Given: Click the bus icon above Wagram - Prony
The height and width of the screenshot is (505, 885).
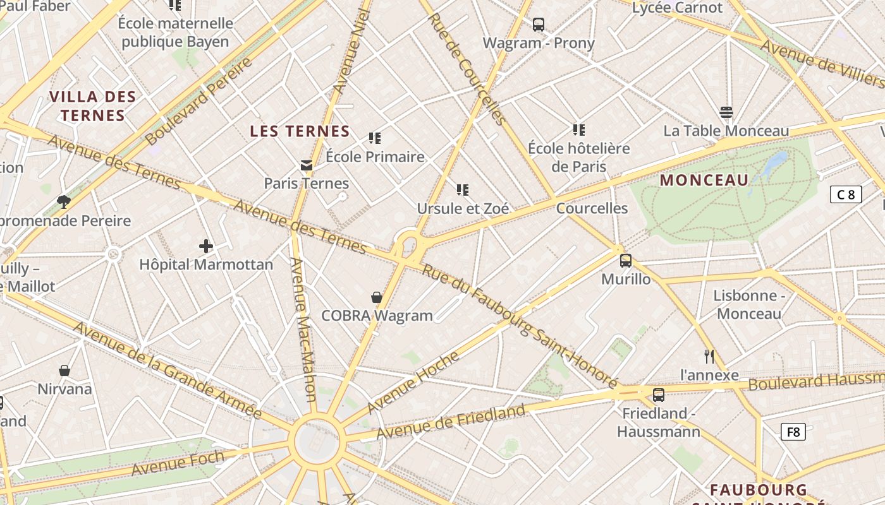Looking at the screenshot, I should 539,25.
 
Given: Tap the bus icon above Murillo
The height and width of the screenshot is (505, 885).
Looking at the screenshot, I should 626,260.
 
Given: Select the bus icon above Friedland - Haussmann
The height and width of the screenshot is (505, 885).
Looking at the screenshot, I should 659,395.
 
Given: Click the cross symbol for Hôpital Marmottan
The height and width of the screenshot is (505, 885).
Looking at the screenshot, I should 206,246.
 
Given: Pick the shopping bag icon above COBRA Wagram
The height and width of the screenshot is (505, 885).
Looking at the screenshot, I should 377,297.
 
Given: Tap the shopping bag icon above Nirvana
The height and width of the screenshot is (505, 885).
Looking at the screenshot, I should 64,370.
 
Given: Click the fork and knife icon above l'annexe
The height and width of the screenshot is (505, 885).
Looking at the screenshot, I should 709,357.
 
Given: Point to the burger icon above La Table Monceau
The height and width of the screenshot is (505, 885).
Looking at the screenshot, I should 726,112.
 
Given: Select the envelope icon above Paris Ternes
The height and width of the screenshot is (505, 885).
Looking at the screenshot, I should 307,165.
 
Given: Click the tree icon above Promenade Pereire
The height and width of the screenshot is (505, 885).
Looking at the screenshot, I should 63,202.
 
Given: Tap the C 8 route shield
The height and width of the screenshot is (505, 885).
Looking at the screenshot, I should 846,194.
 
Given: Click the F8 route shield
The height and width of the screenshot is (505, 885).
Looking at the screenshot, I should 793,432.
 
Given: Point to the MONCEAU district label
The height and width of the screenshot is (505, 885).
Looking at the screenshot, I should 704,180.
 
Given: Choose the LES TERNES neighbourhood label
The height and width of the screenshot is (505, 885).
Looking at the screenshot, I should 300,131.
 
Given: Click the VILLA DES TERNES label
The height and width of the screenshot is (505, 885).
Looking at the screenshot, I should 92,106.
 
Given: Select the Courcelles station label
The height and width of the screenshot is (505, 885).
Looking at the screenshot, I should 592,208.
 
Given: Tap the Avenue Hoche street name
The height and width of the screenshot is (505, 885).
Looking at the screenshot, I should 413,382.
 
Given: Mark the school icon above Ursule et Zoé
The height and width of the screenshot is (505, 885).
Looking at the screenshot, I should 463,189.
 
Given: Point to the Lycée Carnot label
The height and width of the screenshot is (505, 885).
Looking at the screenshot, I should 677,8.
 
